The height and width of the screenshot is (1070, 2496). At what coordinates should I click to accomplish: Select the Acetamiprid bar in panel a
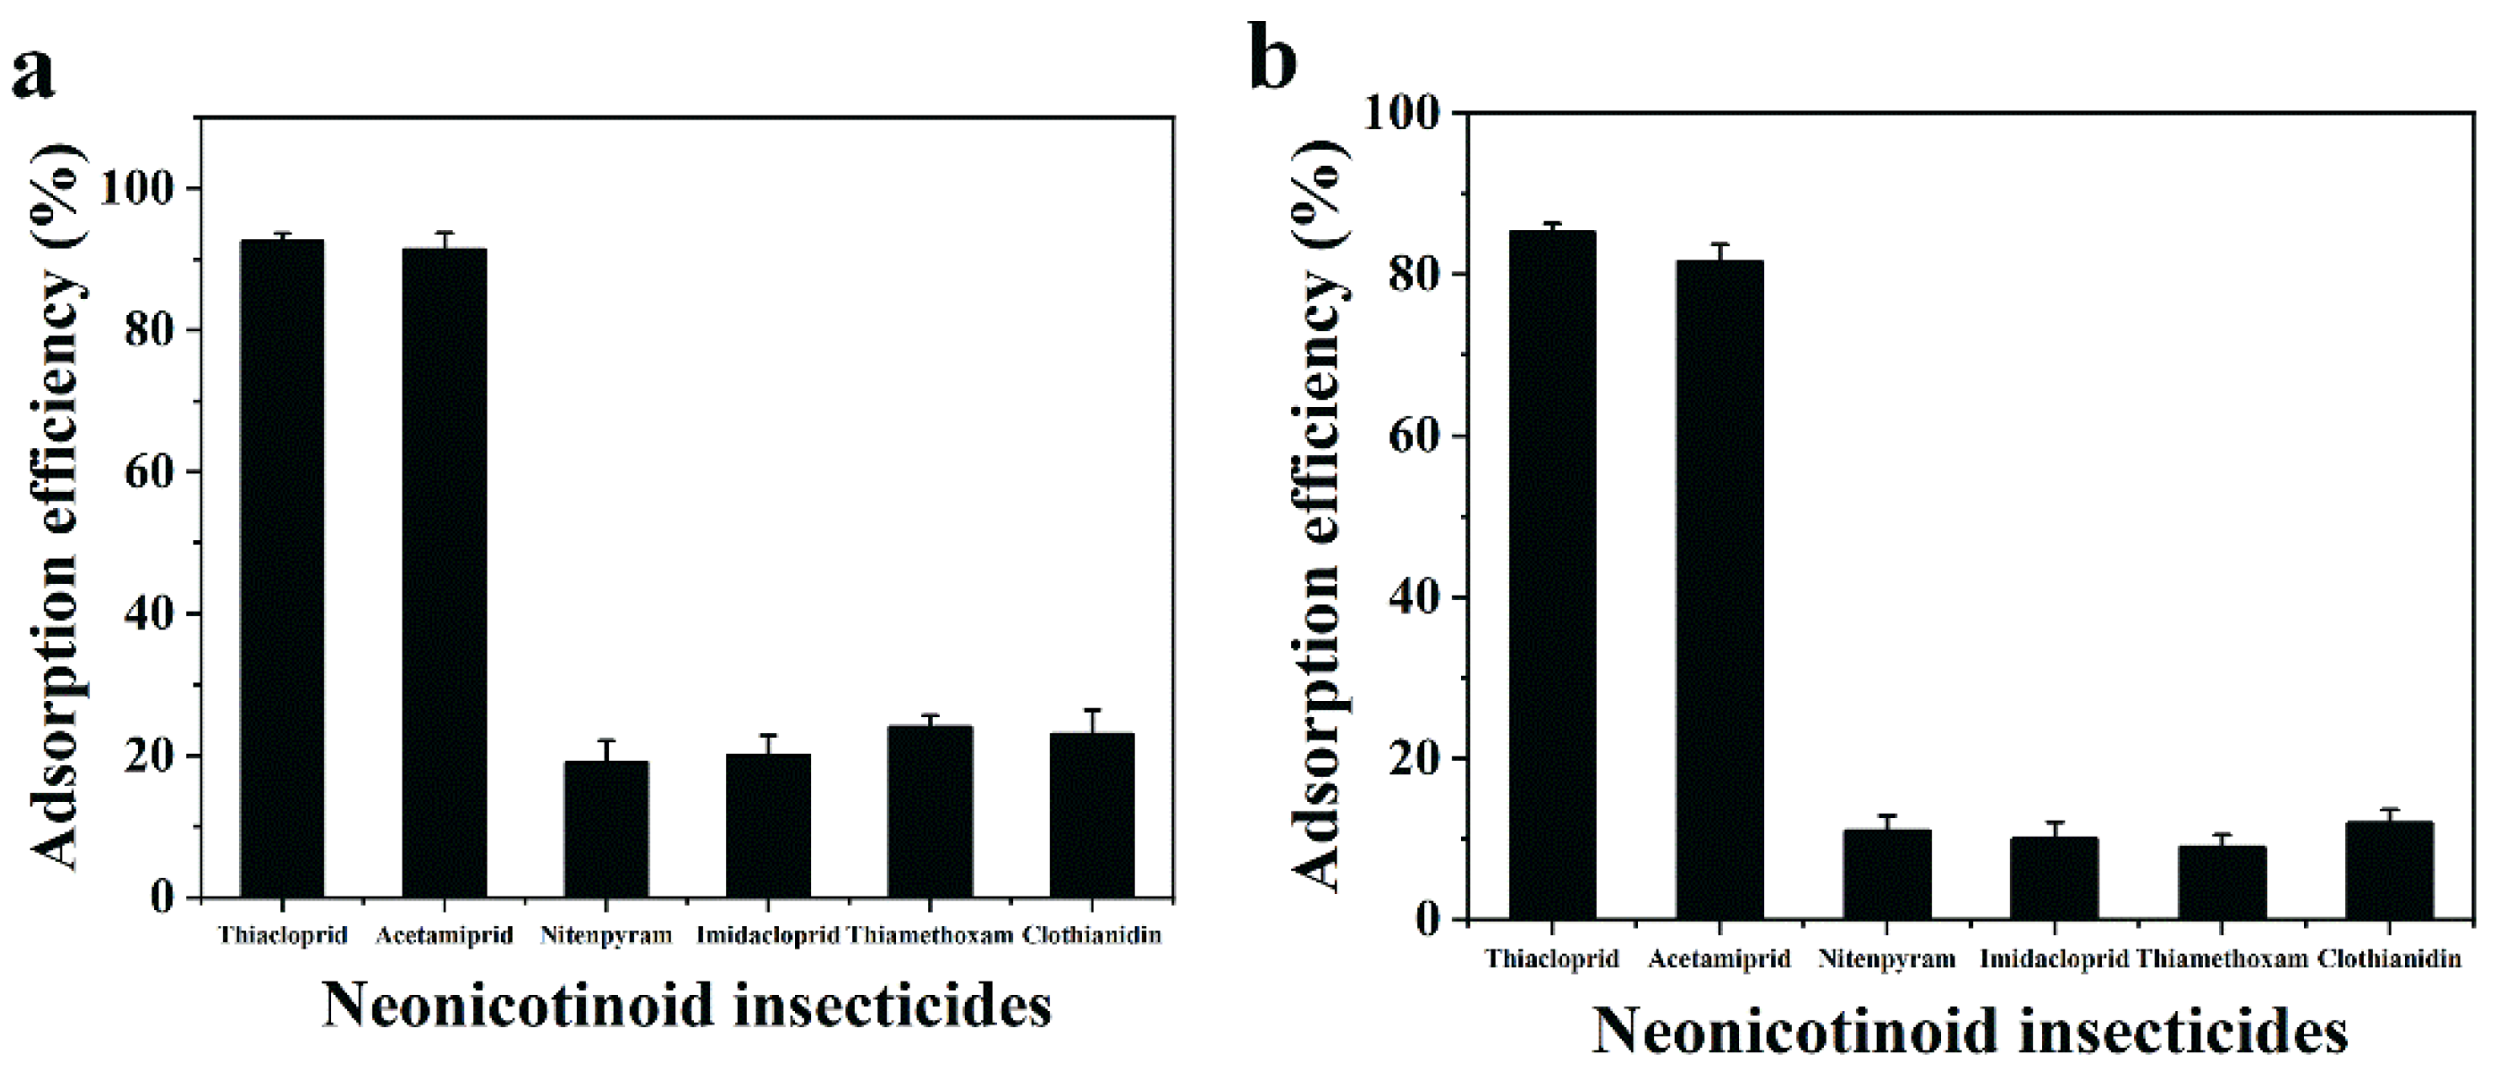(x=444, y=572)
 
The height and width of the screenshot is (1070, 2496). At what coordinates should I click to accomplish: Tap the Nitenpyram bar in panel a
(x=605, y=829)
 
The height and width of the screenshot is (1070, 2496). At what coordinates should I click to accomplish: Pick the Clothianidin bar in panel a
(x=1092, y=814)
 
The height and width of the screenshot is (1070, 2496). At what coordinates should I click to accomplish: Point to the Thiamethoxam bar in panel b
(x=2223, y=882)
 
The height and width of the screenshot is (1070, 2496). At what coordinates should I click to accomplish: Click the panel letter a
(x=33, y=72)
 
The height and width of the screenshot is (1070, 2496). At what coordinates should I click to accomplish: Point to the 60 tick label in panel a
(x=150, y=473)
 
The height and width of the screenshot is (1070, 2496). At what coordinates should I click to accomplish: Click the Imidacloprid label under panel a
(x=767, y=935)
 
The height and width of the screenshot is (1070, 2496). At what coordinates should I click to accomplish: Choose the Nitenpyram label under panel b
(x=1886, y=960)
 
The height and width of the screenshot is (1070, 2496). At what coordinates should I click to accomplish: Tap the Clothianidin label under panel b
(x=2389, y=960)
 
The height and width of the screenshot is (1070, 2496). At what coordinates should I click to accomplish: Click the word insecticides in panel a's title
(x=892, y=1006)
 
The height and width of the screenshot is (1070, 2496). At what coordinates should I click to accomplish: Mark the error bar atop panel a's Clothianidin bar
(x=1092, y=721)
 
